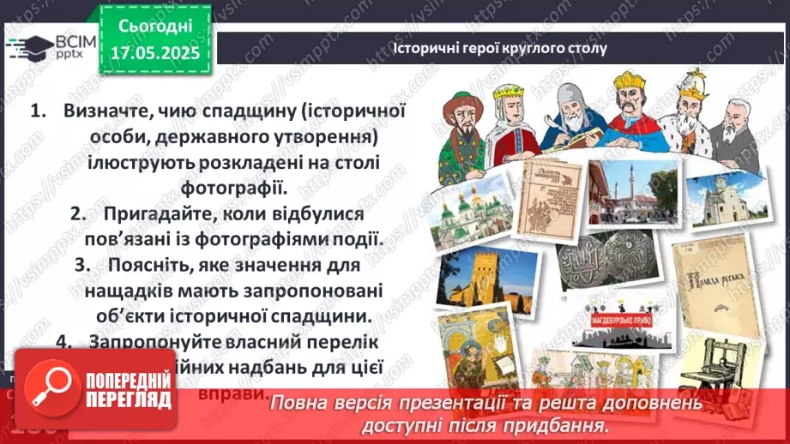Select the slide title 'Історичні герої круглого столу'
click(499, 48)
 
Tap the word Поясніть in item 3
click(150, 266)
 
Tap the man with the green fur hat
click(466, 123)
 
